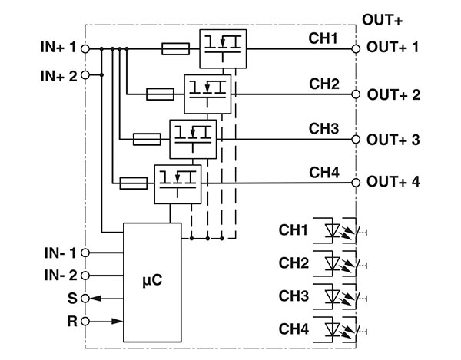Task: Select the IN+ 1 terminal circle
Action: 85,48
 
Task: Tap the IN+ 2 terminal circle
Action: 85,75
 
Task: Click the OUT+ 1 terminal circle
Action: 356,48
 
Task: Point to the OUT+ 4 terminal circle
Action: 356,183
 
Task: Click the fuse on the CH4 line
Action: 134,183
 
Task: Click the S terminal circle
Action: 85,297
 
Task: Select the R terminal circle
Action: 85,320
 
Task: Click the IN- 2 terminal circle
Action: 85,274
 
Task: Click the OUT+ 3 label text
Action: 393,140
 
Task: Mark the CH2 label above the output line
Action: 325,82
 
